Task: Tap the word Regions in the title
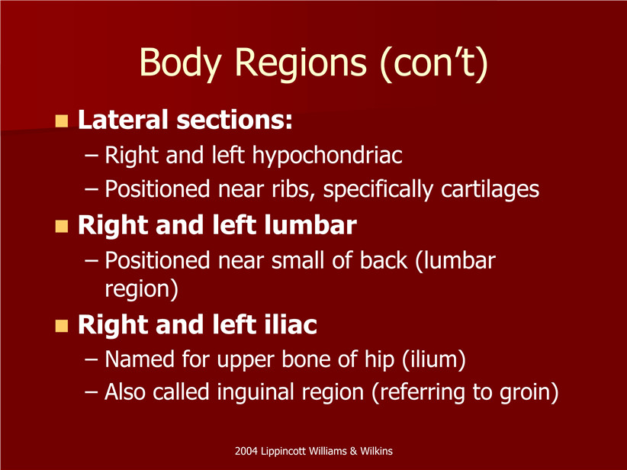pyautogui.click(x=300, y=64)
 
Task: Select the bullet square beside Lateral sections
pyautogui.click(x=62, y=121)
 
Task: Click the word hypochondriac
pyautogui.click(x=327, y=155)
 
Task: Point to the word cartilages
pyautogui.click(x=490, y=188)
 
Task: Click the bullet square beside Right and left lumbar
pyautogui.click(x=62, y=226)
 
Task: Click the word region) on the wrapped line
pyautogui.click(x=142, y=289)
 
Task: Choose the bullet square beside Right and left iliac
pyautogui.click(x=62, y=326)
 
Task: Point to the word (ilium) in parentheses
pyautogui.click(x=434, y=359)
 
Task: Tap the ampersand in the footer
pyautogui.click(x=353, y=451)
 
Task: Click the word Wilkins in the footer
pyautogui.click(x=376, y=451)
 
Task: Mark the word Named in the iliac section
pyautogui.click(x=140, y=359)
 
